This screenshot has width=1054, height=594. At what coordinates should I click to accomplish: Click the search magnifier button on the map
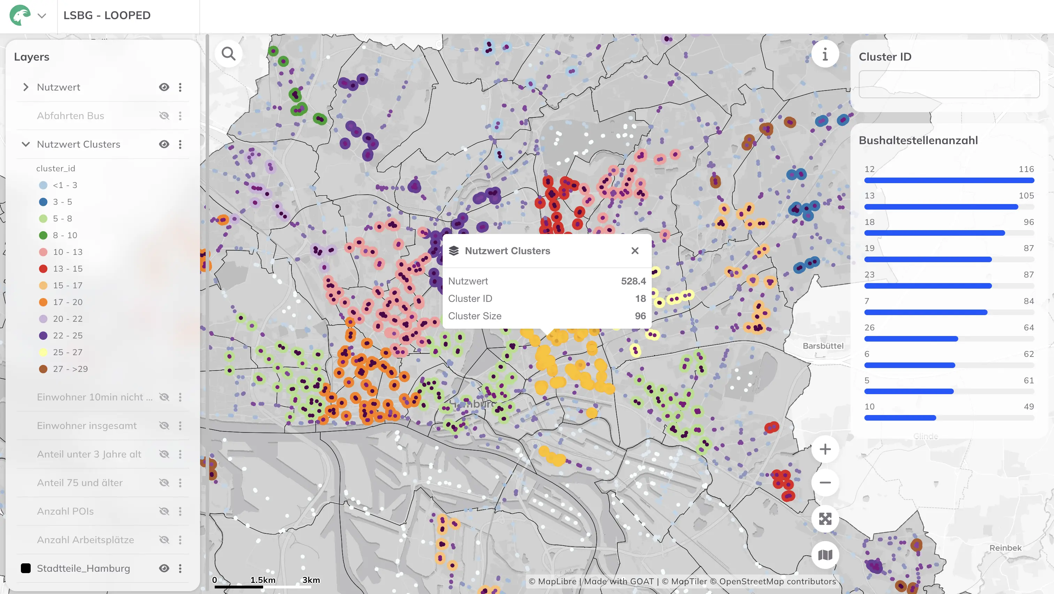point(228,54)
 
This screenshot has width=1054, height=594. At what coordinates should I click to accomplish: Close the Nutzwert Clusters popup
point(635,251)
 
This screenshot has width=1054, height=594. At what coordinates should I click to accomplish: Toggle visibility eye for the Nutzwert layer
point(164,87)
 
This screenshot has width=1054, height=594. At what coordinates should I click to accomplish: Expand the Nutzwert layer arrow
point(26,87)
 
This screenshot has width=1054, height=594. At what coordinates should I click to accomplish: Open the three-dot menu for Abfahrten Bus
point(180,116)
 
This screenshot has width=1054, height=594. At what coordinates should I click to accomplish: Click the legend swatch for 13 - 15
point(43,268)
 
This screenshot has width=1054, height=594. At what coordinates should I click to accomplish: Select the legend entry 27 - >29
point(70,369)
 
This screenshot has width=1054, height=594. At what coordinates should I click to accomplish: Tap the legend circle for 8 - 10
point(43,235)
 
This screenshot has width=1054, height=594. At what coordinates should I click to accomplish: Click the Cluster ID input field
point(949,84)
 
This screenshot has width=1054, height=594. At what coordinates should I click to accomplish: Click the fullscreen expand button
point(825,519)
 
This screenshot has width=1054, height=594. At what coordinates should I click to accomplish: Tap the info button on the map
point(825,54)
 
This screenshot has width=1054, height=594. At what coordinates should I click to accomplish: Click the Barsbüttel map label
point(823,346)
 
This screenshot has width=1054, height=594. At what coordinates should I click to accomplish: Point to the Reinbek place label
point(1005,548)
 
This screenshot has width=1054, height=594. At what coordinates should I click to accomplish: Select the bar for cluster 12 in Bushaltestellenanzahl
point(949,180)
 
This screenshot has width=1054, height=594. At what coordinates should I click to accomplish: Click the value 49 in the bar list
point(1029,406)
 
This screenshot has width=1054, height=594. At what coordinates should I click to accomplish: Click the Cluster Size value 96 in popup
point(640,316)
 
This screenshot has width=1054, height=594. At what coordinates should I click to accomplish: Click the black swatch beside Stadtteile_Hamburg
point(26,568)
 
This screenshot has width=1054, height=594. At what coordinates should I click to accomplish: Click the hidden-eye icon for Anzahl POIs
point(164,511)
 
